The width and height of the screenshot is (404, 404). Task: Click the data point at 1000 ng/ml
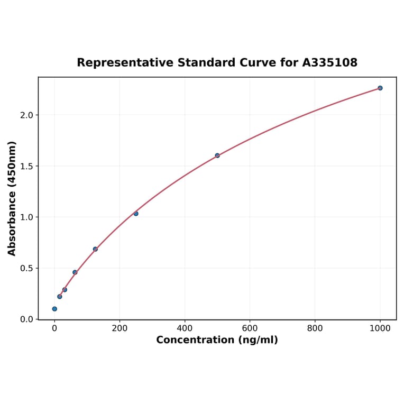tap(380, 88)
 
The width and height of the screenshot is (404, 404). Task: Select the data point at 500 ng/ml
tap(217, 155)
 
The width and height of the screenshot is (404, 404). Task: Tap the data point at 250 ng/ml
tap(136, 214)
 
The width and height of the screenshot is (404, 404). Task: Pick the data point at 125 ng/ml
tap(95, 249)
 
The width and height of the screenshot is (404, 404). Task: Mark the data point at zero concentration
tap(54, 309)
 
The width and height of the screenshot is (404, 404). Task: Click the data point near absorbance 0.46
tap(75, 272)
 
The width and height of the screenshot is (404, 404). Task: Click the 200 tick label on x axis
tap(120, 328)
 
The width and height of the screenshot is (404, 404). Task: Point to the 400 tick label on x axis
tap(185, 328)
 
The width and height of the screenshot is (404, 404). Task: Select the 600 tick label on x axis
tap(250, 328)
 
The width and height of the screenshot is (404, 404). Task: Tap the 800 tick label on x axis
tap(315, 328)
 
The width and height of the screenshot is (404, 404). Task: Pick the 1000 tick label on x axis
tap(380, 328)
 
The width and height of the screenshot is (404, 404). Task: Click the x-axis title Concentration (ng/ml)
tap(217, 340)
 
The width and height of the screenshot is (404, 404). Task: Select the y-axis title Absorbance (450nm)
tap(12, 198)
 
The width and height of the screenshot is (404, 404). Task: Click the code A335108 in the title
tap(330, 62)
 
